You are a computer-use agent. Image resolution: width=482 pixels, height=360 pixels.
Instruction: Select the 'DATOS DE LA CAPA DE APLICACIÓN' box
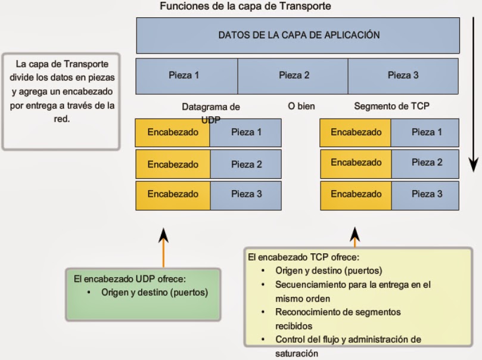pyautogui.click(x=298, y=35)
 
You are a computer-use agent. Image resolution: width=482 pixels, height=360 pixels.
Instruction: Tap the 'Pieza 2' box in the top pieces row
pyautogui.click(x=294, y=75)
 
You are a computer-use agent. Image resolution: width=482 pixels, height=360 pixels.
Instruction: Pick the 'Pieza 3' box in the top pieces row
pyautogui.click(x=403, y=75)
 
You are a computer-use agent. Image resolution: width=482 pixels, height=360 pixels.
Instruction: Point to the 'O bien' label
pyautogui.click(x=301, y=107)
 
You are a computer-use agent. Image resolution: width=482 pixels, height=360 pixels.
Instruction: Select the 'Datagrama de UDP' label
pyautogui.click(x=211, y=111)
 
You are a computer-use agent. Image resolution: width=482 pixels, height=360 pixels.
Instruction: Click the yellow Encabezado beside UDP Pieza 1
pyautogui.click(x=173, y=132)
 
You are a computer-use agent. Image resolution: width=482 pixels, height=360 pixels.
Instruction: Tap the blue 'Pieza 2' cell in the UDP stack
pyautogui.click(x=246, y=164)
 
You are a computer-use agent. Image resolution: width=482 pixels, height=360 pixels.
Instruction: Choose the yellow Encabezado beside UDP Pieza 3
pyautogui.click(x=173, y=194)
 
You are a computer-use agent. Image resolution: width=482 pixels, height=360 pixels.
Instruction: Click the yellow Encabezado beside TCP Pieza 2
pyautogui.click(x=356, y=162)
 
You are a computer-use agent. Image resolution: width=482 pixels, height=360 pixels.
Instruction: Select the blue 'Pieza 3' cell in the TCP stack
pyautogui.click(x=427, y=194)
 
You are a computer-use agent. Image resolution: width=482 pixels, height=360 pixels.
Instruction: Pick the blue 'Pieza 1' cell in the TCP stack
pyautogui.click(x=427, y=132)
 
